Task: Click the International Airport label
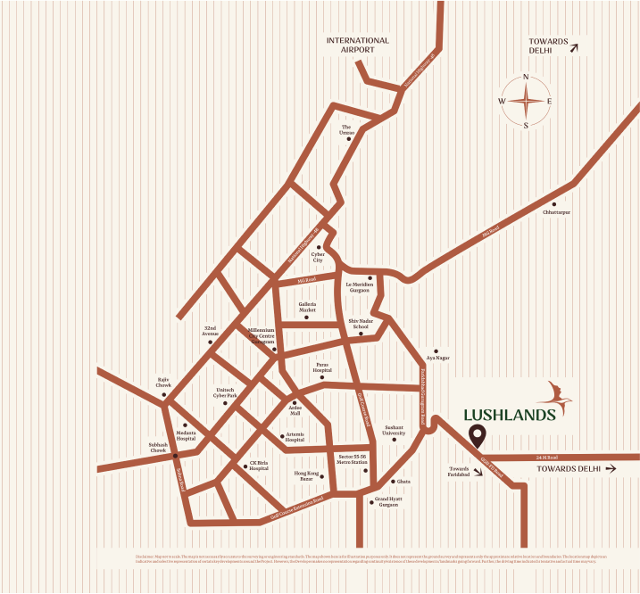[x=357, y=45]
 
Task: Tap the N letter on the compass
[x=526, y=77]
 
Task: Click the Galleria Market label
[x=308, y=306]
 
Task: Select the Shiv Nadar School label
[x=361, y=323]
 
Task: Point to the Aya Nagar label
[x=437, y=358]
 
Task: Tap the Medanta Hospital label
[x=186, y=436]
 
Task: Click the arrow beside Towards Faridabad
[x=479, y=473]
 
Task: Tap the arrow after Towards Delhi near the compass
[x=574, y=50]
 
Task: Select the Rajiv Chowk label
[x=163, y=383]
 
